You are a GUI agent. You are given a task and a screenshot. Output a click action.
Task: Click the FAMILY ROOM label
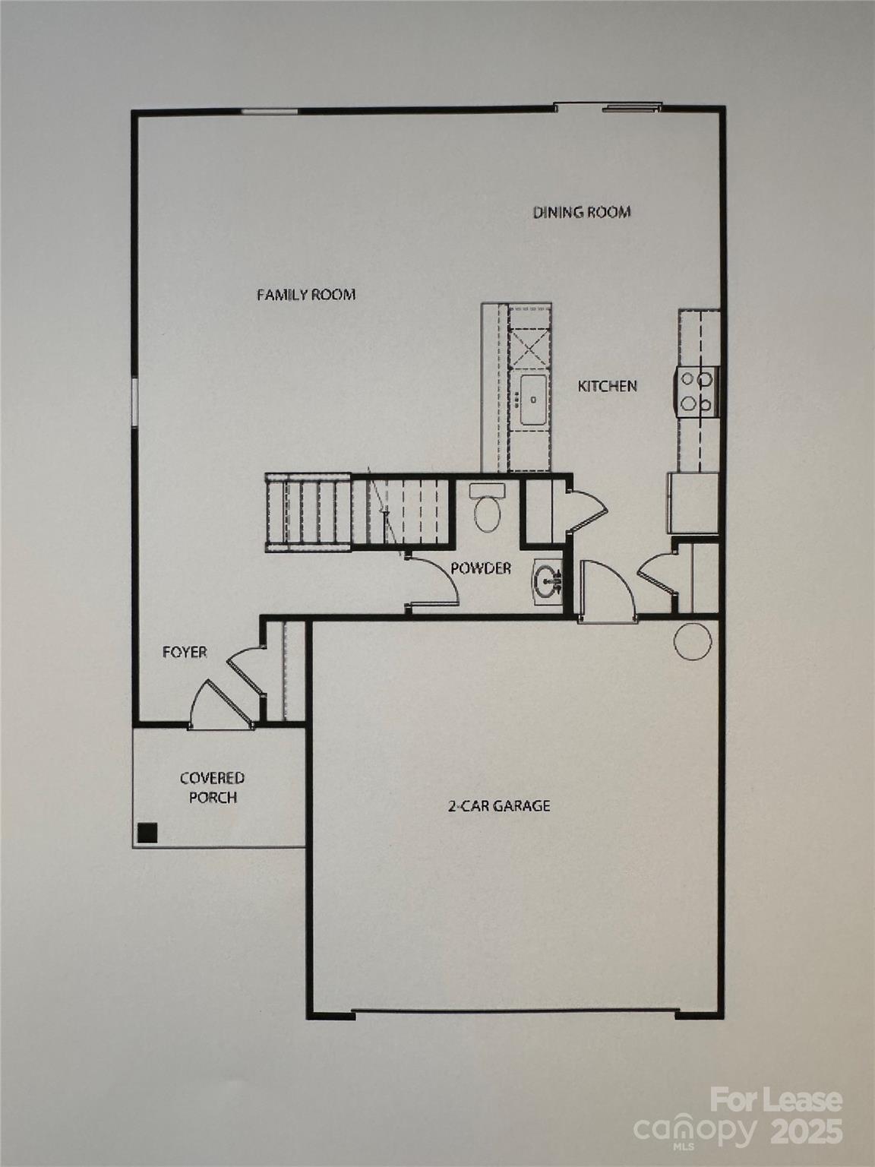click(306, 294)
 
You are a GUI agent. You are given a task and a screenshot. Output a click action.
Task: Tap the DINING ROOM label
click(582, 212)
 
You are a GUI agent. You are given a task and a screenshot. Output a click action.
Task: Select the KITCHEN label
click(607, 386)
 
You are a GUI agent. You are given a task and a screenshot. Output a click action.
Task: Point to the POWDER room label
click(481, 568)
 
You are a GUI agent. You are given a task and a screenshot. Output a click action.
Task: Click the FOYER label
click(185, 653)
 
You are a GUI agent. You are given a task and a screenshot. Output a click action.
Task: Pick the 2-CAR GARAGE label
click(498, 806)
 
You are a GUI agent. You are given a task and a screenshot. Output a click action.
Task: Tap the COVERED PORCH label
click(213, 788)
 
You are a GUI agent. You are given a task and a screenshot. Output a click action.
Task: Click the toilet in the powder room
click(487, 507)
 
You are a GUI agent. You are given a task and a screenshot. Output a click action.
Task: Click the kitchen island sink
click(533, 400)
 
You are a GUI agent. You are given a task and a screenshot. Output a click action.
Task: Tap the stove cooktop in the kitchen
click(697, 392)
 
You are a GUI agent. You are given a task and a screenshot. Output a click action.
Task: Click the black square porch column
click(147, 833)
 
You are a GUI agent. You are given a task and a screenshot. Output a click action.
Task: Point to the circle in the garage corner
click(693, 641)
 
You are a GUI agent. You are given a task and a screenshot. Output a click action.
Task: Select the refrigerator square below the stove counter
click(693, 503)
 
